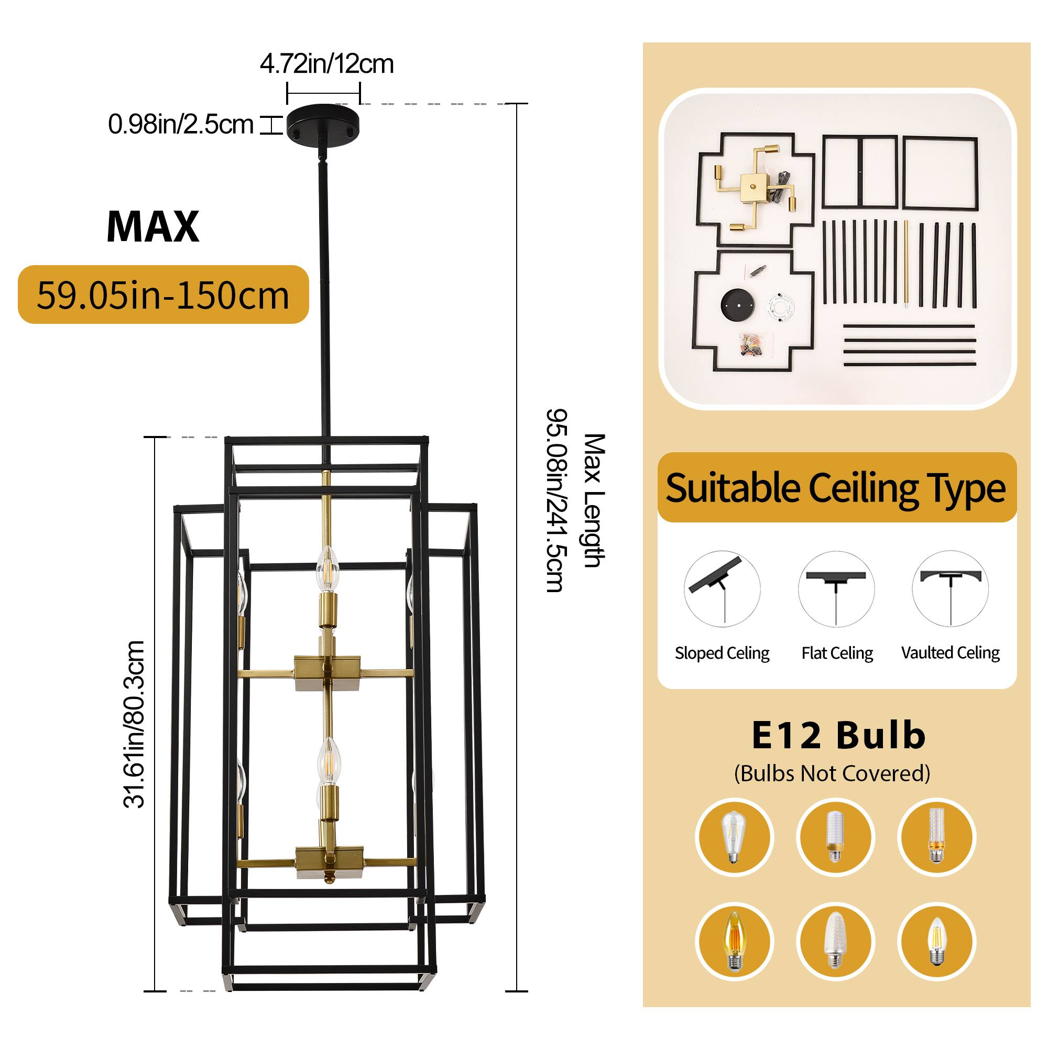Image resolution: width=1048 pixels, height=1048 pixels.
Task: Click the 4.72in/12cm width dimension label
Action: point(326,64)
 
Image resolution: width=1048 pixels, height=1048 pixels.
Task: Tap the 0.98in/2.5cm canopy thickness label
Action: point(181,124)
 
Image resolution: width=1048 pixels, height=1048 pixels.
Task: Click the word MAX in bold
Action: point(153,226)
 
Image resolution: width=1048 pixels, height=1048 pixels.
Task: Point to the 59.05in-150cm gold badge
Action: point(163,295)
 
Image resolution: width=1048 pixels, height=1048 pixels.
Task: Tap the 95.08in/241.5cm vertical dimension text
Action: point(556,500)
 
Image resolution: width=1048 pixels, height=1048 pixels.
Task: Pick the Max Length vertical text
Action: point(594,500)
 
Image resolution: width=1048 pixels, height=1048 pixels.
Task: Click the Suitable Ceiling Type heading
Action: point(835,488)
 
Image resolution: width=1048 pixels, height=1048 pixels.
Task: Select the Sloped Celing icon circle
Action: point(722,589)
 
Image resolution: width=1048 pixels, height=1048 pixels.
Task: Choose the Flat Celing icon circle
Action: point(836,589)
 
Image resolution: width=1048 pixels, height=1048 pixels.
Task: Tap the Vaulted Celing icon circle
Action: point(950,589)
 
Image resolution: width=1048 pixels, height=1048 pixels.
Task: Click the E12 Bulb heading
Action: point(838,736)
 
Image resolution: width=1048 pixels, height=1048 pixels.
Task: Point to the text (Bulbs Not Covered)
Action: point(832,773)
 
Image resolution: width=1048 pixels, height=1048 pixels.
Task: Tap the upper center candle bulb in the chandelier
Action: point(327,569)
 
